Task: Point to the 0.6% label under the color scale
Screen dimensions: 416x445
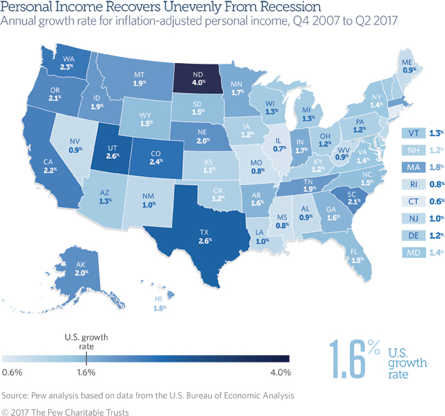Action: coord(13,373)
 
